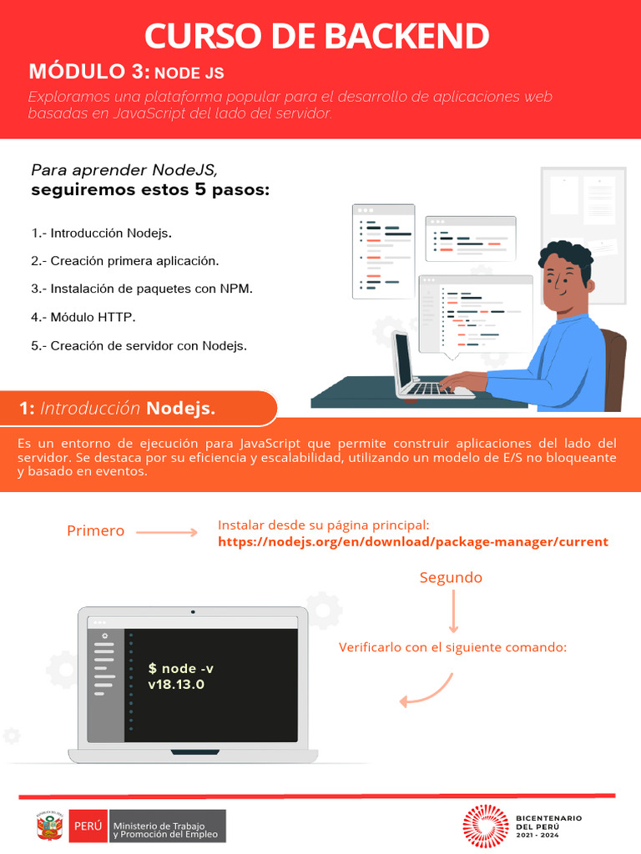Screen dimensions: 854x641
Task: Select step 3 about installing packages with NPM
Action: [x=141, y=289]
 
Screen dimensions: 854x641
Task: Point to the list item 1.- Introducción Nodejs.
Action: [x=102, y=233]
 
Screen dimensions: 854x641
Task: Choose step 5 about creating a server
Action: [x=139, y=345]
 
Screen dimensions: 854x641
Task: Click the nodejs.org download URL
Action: [x=413, y=542]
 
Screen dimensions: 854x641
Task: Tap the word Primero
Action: [x=95, y=531]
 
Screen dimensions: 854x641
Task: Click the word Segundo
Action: [x=451, y=578]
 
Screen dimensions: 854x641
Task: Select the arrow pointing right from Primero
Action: [x=166, y=532]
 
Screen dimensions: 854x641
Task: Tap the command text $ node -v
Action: [x=181, y=669]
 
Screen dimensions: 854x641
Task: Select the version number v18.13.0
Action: [x=176, y=685]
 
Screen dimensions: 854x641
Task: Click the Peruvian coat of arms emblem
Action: [x=49, y=826]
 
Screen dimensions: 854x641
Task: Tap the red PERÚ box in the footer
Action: [x=88, y=826]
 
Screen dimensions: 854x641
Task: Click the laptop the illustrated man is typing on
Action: [x=417, y=371]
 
